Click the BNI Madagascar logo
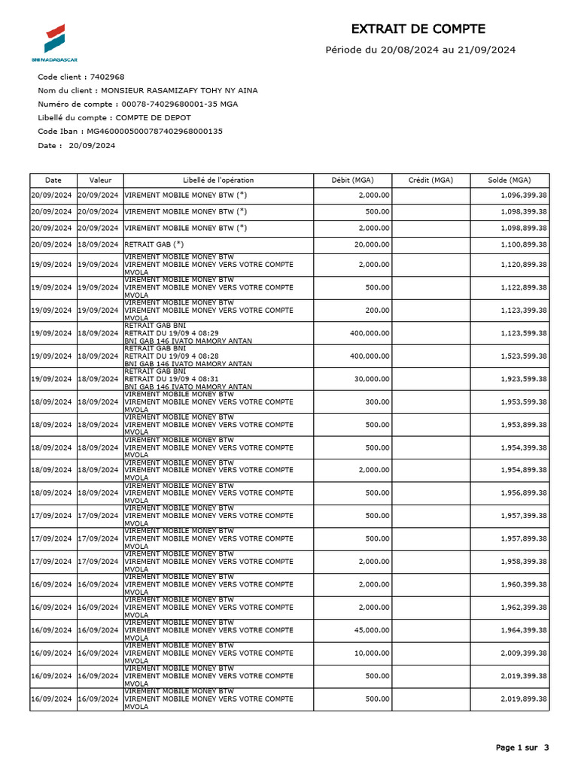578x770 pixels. [54, 42]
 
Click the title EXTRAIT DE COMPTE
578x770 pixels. [418, 29]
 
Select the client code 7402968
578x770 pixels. [107, 77]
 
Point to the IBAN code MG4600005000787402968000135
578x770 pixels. [155, 131]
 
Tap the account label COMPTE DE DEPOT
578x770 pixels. [154, 117]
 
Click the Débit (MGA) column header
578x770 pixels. [352, 180]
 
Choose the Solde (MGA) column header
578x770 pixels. [509, 180]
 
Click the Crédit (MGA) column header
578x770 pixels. [430, 180]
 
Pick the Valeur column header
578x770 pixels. [100, 180]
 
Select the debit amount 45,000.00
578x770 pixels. [373, 630]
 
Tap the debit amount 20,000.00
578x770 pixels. [373, 245]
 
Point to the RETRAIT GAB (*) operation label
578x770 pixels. [154, 244]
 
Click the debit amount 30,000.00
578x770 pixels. [373, 379]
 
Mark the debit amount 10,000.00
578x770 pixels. [373, 653]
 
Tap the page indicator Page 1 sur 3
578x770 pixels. [522, 747]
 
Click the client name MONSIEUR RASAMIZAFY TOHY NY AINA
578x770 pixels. [184, 90]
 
